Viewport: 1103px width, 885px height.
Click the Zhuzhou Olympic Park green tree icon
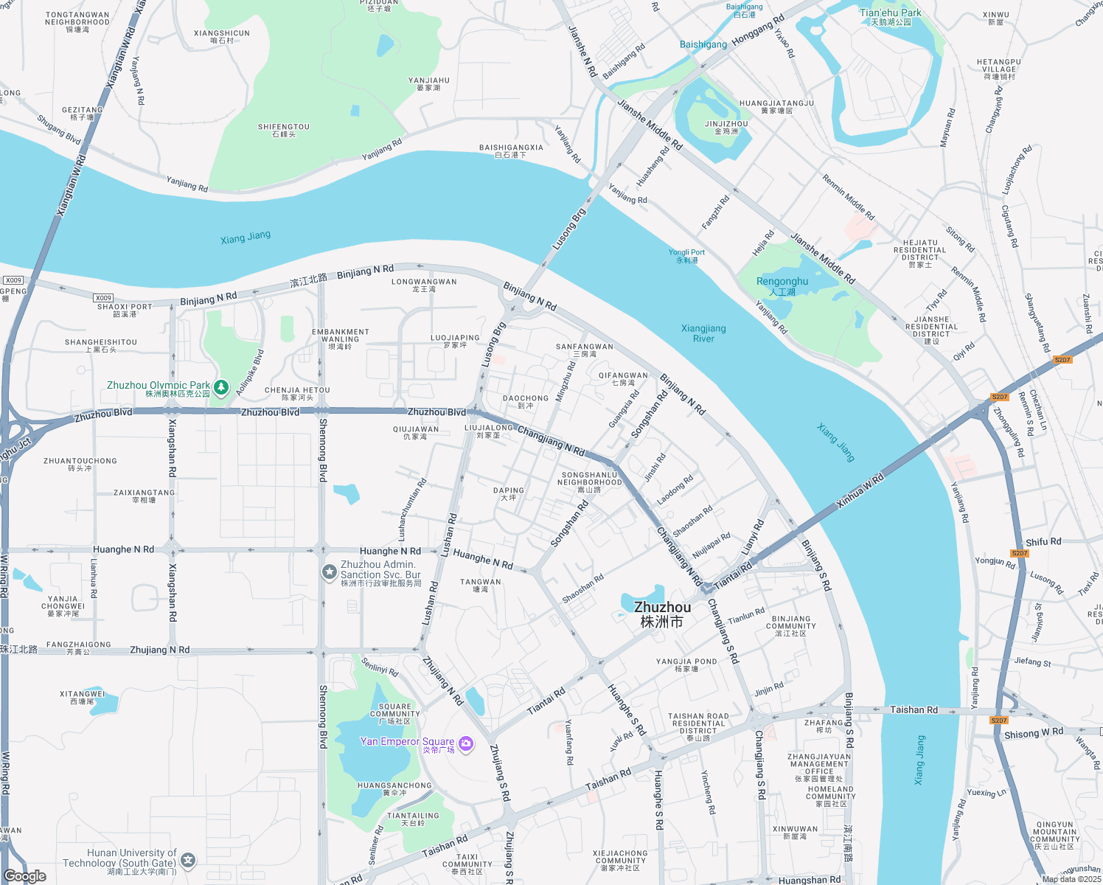pos(221,387)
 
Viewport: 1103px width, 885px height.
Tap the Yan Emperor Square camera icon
pos(466,743)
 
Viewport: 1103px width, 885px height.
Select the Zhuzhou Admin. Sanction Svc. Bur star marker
pos(329,572)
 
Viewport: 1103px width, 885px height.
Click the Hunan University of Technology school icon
pos(189,860)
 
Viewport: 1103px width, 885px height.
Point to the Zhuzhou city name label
pos(662,614)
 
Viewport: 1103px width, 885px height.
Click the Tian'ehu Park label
pos(890,16)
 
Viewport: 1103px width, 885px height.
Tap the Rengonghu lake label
pos(782,285)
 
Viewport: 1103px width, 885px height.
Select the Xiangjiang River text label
pos(703,333)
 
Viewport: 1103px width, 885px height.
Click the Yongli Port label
pos(686,255)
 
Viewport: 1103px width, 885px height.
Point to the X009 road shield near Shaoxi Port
pos(103,298)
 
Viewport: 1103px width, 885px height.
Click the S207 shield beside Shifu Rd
pos(1020,553)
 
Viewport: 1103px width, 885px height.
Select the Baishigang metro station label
pos(703,44)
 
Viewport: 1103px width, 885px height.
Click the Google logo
pos(25,875)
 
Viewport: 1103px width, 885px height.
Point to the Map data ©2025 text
pos(1071,879)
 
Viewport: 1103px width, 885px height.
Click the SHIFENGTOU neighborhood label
pos(284,130)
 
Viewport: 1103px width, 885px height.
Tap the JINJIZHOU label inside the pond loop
pos(726,127)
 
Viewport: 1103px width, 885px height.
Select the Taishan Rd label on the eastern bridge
pos(914,709)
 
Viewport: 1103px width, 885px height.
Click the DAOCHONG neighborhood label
pos(526,401)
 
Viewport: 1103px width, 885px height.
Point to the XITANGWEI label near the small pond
pos(83,697)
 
